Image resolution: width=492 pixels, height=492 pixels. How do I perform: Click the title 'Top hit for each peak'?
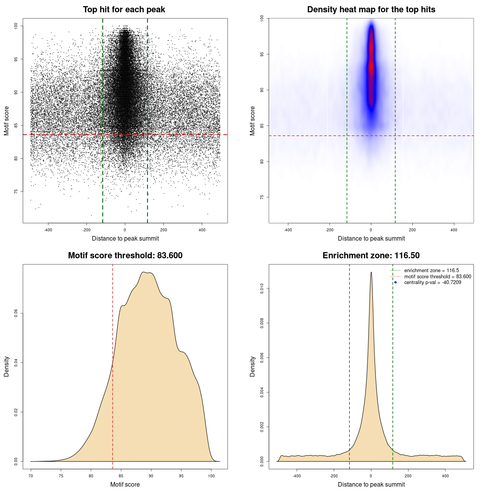coord(124,10)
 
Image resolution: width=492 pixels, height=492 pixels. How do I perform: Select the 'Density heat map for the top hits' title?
coord(371,10)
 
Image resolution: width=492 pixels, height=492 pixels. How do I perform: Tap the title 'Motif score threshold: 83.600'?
coord(125,256)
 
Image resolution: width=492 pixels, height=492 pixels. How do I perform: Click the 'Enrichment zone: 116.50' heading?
coord(371,256)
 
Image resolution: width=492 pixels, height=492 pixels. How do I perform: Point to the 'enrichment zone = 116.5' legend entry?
coord(431,271)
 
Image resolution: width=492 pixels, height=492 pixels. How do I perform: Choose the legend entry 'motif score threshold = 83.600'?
coord(437,277)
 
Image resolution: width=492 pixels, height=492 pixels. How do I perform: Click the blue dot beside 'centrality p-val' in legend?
coord(396,283)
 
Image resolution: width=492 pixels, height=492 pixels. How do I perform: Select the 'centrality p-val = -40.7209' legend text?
coord(432,283)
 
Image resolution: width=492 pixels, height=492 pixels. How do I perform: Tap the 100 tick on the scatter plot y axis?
coord(16,26)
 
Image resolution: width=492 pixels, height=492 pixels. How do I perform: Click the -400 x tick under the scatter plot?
coord(48,230)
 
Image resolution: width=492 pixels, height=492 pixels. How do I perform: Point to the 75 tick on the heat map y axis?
coord(262,197)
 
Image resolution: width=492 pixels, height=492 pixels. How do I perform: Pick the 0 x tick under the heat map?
coord(371,230)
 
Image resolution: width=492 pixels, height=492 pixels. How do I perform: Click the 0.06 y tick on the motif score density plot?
coord(16,314)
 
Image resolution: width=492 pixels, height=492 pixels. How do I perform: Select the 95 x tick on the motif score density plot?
coord(181,476)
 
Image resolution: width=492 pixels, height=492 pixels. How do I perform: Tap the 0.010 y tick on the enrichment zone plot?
coord(262,289)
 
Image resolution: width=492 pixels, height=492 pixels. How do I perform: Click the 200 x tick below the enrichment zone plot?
coord(408,476)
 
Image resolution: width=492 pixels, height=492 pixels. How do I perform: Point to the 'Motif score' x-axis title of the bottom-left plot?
coord(125,484)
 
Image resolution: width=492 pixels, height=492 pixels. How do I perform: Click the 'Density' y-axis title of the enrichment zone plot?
coord(253,366)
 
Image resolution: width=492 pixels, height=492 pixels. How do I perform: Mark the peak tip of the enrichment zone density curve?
coord(371,272)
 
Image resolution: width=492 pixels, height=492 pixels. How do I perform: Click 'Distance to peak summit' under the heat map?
coord(371,238)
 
